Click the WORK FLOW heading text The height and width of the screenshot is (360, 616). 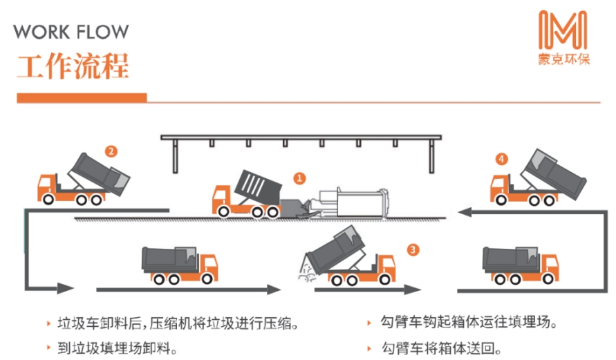71,32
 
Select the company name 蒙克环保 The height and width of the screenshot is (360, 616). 564,59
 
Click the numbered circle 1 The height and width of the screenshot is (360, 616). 299,178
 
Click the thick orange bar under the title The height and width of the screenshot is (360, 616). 82,98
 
